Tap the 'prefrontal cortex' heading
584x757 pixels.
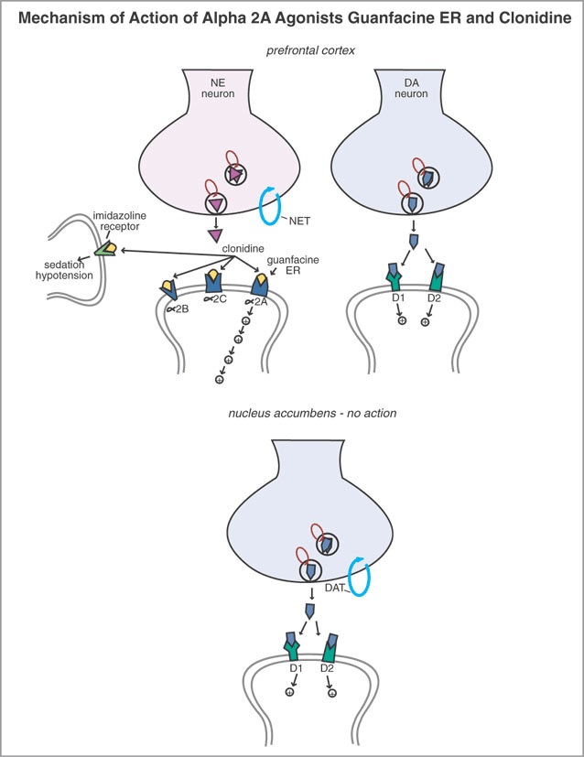[292, 50]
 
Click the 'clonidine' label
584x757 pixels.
[239, 248]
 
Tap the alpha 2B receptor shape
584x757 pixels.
[169, 289]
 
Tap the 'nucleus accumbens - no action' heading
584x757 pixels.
[292, 415]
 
